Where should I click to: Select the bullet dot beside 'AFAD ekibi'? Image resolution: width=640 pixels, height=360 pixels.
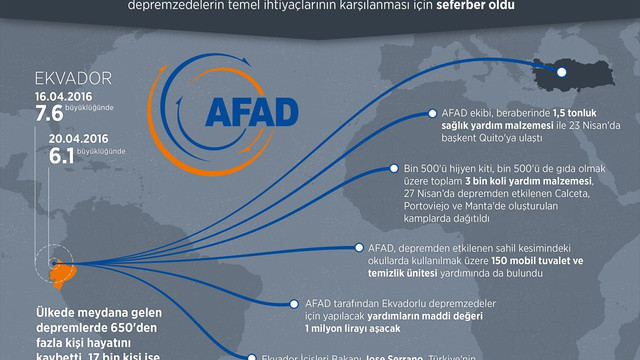431,115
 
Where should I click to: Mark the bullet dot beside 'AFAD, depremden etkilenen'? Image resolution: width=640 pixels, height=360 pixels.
358,246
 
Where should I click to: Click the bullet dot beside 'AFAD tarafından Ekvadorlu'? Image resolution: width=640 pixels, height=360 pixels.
293,302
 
